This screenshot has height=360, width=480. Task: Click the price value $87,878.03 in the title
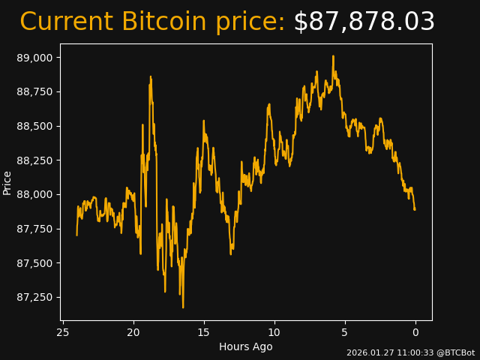point(364,22)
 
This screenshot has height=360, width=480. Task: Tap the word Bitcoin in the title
point(161,22)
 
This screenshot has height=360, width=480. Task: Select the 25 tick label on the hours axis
point(63,332)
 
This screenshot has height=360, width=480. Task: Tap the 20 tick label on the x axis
point(133,332)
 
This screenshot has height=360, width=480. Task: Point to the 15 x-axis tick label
point(204,332)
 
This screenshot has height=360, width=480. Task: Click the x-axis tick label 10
point(274,332)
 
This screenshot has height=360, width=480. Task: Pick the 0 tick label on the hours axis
point(415,332)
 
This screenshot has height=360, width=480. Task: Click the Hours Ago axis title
point(246,346)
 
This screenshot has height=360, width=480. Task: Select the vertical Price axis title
point(7,182)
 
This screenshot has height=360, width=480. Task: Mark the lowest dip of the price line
point(183,307)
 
